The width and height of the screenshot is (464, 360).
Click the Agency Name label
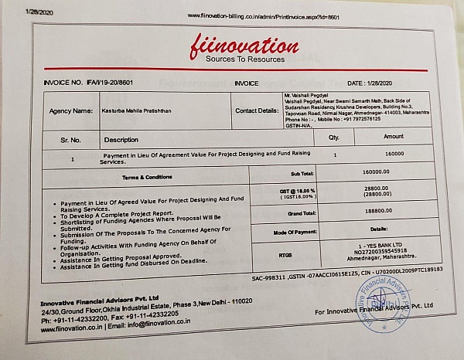click(71, 110)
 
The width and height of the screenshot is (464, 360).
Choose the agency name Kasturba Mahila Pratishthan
click(137, 110)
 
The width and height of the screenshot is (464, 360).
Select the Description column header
click(121, 140)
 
